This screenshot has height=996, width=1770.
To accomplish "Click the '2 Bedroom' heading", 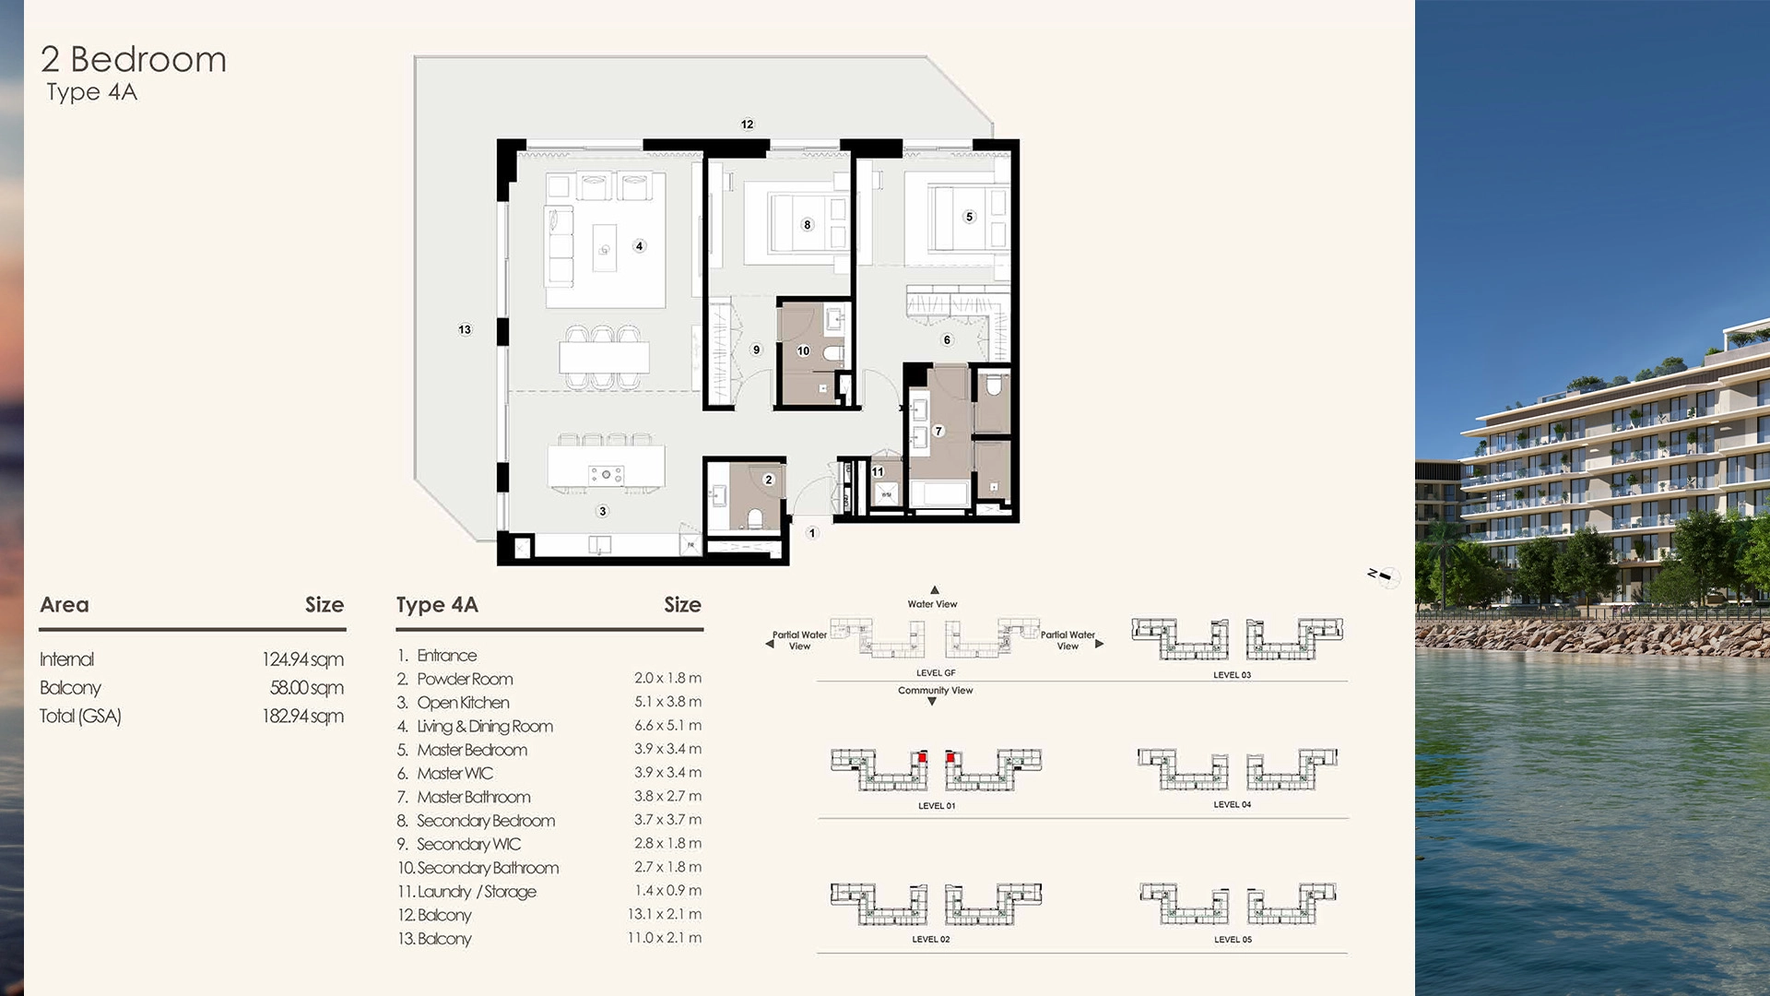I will click(134, 60).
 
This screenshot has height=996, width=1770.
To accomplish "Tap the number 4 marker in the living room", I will click(639, 246).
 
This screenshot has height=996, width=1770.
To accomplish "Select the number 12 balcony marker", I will click(747, 125).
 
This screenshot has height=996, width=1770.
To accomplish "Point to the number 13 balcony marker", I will click(465, 329).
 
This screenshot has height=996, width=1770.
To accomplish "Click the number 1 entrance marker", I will click(812, 533).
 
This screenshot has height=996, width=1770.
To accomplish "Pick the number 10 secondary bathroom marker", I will click(803, 351).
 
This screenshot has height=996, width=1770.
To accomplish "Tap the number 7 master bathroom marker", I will click(938, 431).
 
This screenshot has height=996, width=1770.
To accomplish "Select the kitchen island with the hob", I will click(606, 468).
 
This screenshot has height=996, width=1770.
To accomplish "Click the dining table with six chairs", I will click(604, 357).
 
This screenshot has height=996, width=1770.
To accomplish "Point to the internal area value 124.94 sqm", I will click(302, 659).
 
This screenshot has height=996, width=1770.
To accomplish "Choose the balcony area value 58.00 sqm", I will click(306, 688).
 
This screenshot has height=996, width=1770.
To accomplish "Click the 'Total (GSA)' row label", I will click(80, 717).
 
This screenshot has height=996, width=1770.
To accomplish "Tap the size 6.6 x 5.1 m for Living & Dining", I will click(667, 726).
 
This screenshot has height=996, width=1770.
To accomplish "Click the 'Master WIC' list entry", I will click(454, 774).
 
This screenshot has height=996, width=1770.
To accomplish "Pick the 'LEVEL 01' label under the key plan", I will click(937, 806).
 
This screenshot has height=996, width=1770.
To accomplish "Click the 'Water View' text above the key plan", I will click(932, 604).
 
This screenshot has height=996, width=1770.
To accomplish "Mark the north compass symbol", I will click(1384, 576).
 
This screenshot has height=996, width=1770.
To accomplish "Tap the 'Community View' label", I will click(935, 691).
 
